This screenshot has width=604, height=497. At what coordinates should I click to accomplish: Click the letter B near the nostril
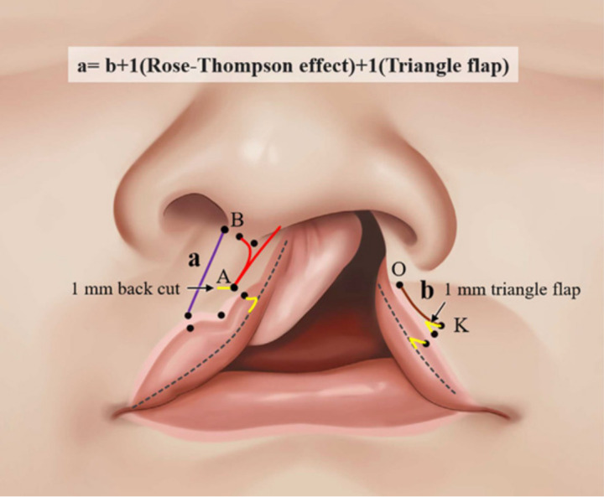(x=237, y=220)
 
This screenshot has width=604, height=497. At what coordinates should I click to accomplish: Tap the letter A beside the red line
(x=223, y=276)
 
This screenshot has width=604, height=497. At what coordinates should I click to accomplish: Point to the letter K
(x=460, y=324)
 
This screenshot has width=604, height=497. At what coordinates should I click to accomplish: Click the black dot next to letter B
(x=225, y=228)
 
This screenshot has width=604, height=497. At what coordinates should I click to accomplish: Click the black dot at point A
(x=234, y=287)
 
